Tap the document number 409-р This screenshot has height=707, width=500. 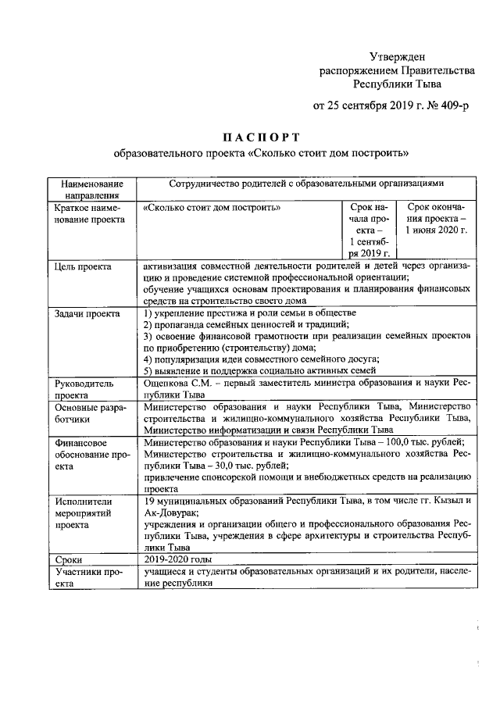(452, 105)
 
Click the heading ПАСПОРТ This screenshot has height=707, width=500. (260, 137)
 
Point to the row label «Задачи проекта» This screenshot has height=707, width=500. (87, 313)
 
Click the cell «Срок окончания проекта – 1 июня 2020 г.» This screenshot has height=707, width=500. (435, 220)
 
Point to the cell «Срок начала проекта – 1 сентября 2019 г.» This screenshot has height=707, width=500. (369, 230)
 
